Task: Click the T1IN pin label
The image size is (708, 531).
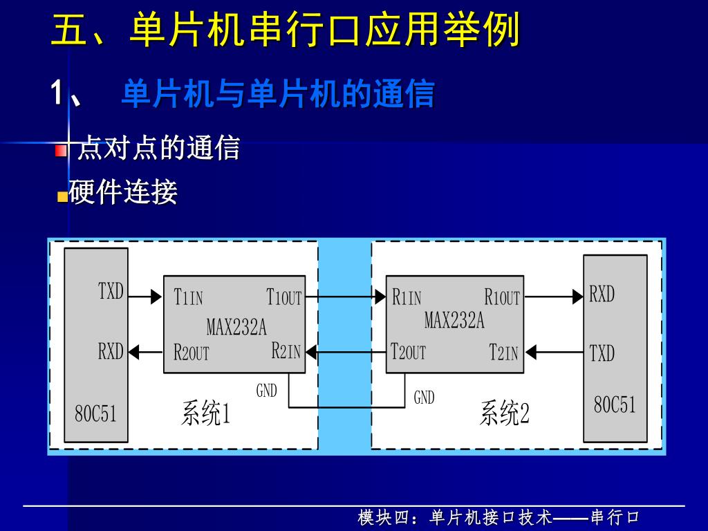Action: click(188, 298)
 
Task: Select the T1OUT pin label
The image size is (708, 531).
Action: click(284, 298)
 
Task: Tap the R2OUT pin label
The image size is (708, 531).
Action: click(191, 353)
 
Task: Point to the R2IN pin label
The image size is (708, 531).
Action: click(286, 351)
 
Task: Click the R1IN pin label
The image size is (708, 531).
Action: click(407, 298)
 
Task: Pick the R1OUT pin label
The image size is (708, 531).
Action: click(502, 298)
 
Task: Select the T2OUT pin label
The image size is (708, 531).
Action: click(408, 352)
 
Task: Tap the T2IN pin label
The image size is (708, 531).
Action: click(503, 353)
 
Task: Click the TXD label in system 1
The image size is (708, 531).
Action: click(111, 292)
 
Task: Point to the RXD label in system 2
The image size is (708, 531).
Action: click(602, 295)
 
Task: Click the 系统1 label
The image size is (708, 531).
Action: click(205, 414)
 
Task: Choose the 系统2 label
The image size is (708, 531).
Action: click(505, 413)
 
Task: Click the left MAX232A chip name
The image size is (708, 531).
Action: click(236, 326)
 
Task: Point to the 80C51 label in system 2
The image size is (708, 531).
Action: click(615, 405)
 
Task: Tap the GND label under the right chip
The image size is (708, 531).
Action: click(424, 398)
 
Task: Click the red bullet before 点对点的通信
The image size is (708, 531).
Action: click(62, 150)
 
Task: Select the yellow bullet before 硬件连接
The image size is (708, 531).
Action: click(62, 196)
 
